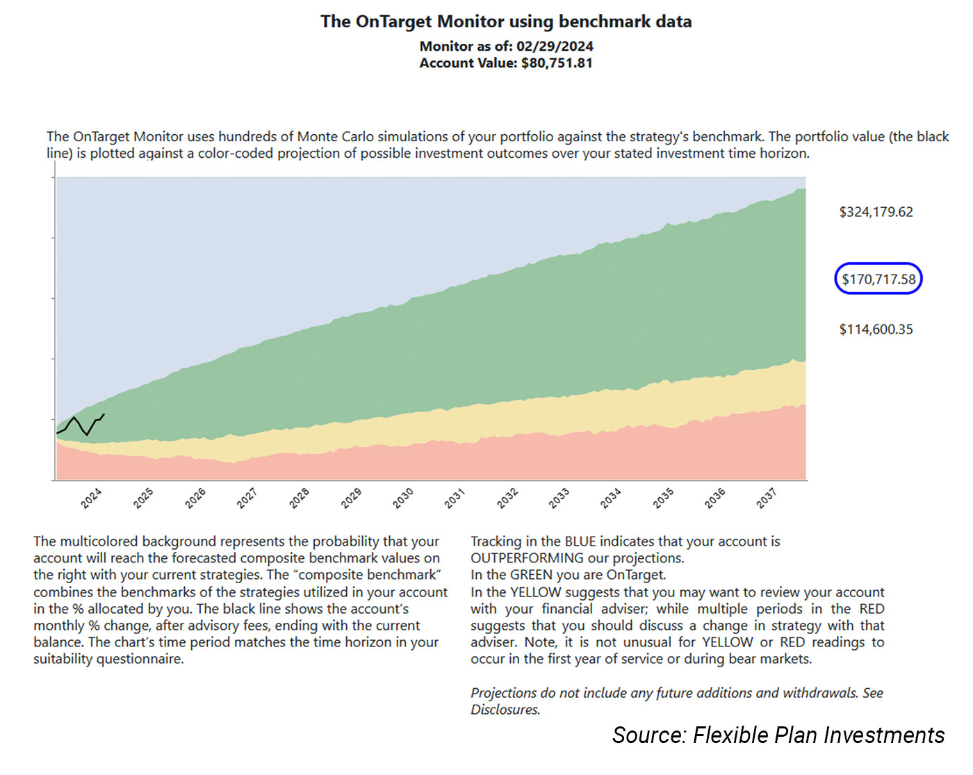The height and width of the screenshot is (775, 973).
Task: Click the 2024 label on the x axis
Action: tap(91, 498)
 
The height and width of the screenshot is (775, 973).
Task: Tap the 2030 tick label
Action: tap(403, 498)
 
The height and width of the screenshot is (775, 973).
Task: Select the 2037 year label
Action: tap(767, 498)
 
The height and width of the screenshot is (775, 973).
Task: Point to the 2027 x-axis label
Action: tap(247, 498)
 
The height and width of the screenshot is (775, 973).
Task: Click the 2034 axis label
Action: tap(611, 498)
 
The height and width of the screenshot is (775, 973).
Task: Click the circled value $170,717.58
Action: tap(878, 279)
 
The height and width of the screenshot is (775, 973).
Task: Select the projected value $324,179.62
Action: tap(876, 212)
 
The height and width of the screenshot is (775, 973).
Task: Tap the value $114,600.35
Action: tap(876, 329)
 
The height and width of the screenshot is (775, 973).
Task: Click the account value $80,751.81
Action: tap(557, 63)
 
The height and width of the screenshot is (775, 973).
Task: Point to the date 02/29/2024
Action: tap(555, 47)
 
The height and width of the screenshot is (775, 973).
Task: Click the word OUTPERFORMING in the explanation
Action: tap(527, 558)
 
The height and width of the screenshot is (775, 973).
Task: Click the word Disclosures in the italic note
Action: tap(505, 710)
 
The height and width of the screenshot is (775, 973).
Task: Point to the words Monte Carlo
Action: tap(335, 137)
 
